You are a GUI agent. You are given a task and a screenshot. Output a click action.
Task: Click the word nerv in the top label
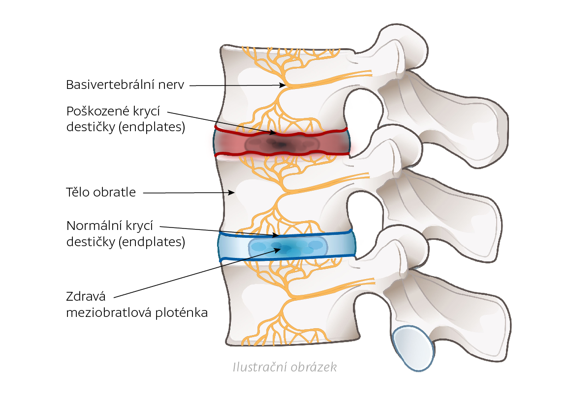tap(173, 85)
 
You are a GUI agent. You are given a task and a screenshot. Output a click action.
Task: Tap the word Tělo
tap(79, 192)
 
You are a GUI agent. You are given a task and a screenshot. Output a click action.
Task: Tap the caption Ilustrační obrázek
tap(285, 367)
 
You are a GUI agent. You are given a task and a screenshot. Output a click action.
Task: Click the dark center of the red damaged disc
tap(279, 144)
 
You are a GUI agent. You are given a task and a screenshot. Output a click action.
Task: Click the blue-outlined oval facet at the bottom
tap(413, 348)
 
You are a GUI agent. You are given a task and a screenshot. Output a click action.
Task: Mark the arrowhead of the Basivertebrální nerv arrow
tap(283, 85)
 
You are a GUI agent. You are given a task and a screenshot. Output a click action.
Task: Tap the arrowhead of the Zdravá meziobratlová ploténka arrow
tap(279, 249)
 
